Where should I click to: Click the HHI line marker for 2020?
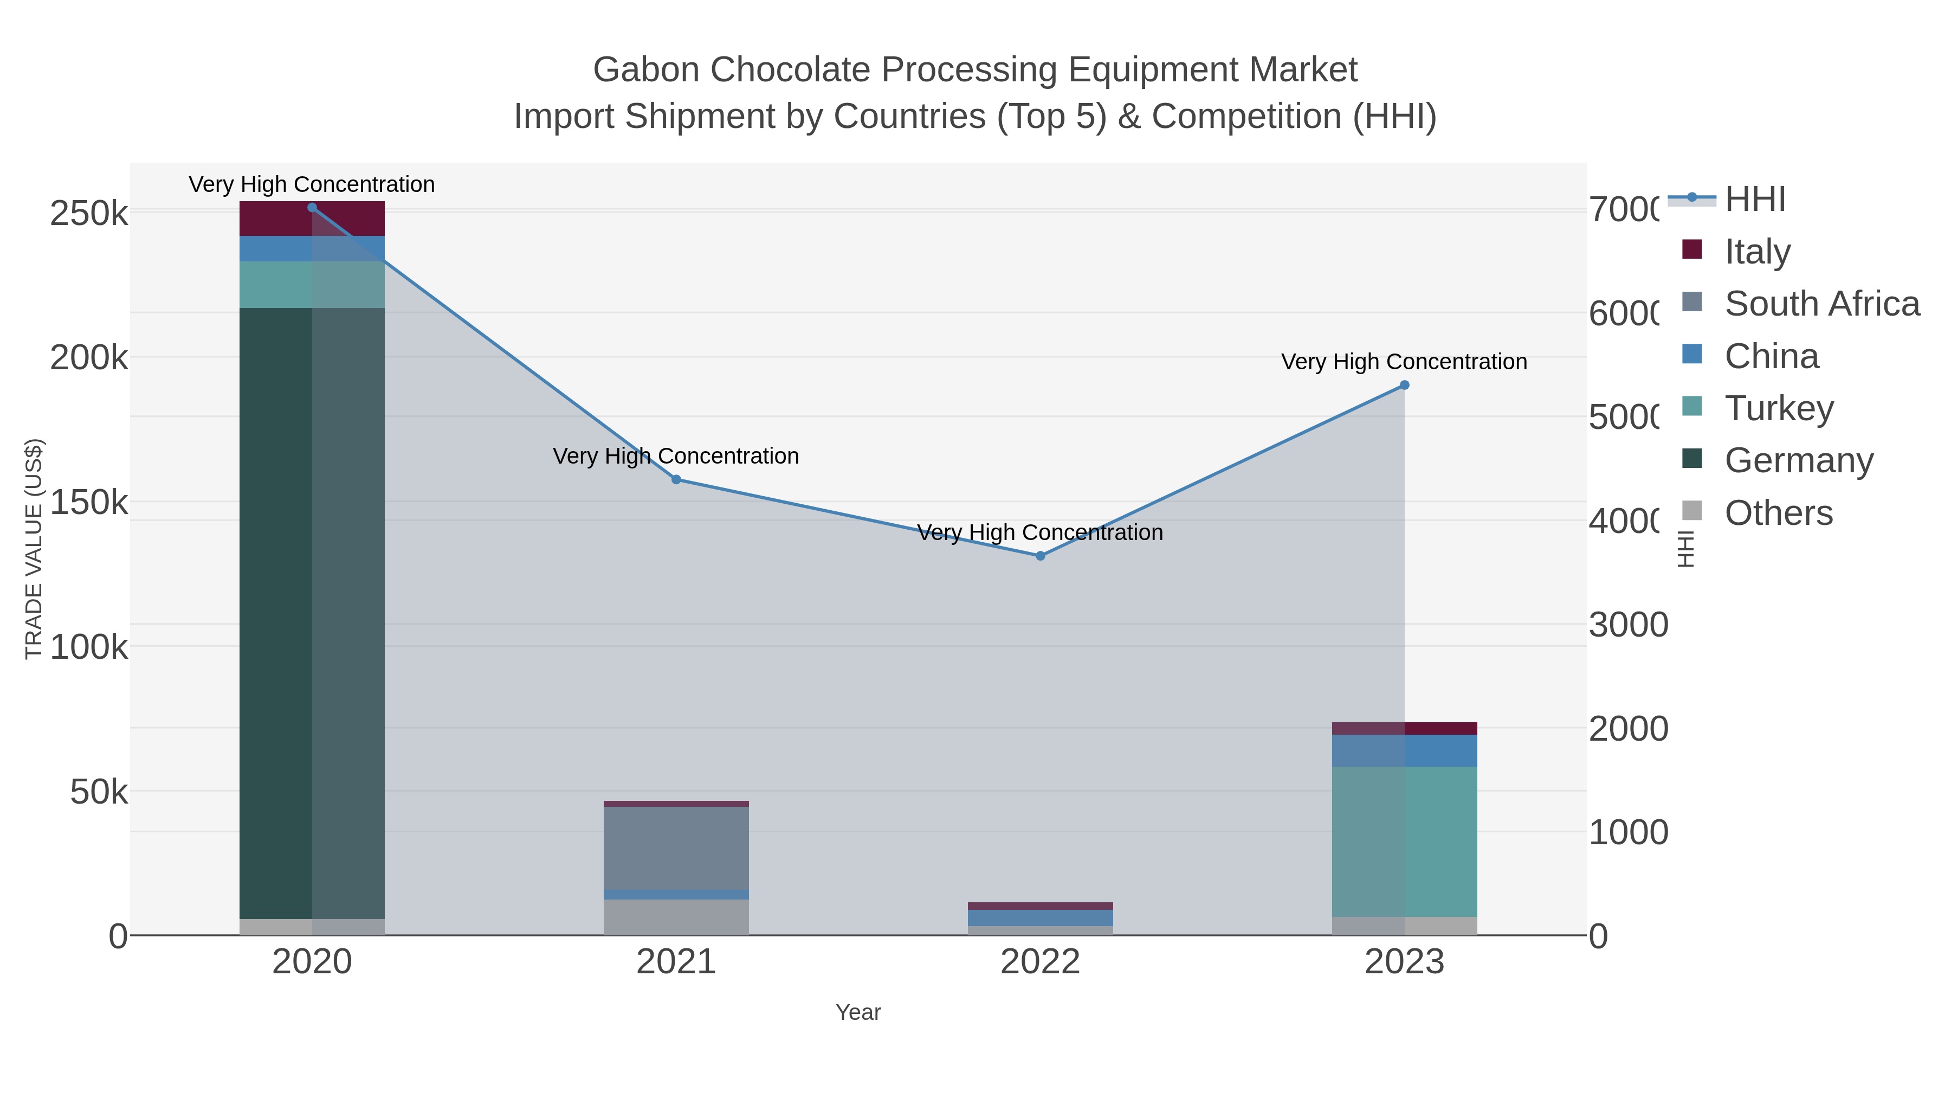(x=312, y=208)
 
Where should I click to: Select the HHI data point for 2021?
(x=676, y=480)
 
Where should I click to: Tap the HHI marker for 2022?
(x=1040, y=556)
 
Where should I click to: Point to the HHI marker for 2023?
(x=1404, y=386)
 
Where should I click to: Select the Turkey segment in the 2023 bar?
(x=1404, y=841)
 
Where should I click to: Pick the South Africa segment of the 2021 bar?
(x=676, y=848)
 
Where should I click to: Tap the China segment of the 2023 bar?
(x=1404, y=750)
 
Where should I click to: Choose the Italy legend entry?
(x=1757, y=251)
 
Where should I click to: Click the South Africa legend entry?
(x=1821, y=303)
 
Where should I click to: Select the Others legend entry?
(x=1778, y=513)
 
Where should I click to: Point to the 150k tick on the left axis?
(x=89, y=502)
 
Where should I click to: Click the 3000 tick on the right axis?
(x=1629, y=625)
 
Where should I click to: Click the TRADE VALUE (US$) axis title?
(x=34, y=549)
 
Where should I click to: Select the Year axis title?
(x=858, y=1012)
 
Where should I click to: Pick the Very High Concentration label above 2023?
(x=1404, y=362)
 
